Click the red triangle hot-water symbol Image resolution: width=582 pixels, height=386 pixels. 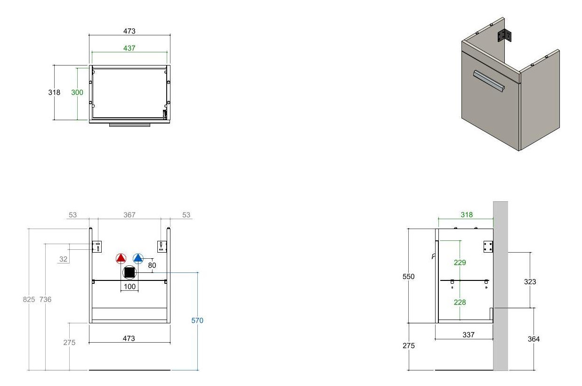pos(121,258)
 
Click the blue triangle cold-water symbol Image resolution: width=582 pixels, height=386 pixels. pos(138,258)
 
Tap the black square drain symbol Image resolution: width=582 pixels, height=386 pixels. pos(129,272)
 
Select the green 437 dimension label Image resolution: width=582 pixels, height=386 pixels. pos(129,48)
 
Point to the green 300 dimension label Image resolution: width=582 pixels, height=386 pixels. pos(77,92)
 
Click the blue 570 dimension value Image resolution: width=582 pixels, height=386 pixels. pos(197,320)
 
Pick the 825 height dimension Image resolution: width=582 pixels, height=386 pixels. pos(29,299)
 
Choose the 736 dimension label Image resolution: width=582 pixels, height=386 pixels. pos(46,299)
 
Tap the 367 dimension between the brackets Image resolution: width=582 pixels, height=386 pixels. pos(129,215)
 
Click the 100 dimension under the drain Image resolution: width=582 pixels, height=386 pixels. pos(129,287)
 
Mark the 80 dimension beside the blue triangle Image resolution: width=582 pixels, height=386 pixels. pos(152,265)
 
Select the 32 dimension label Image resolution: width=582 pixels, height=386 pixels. pos(64,259)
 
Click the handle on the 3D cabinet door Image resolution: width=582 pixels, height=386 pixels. pos(489,81)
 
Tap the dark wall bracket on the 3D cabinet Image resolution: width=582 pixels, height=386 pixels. pos(504,35)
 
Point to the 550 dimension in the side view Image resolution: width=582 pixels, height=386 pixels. pos(408,277)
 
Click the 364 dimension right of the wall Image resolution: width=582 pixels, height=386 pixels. pos(533,339)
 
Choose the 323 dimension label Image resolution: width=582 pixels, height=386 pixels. pos(530,282)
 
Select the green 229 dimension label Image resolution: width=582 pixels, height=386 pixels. pos(460,263)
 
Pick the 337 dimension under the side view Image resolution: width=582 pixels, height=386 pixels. pos(469,335)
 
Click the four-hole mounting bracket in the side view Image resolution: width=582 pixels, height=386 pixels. pos(488,246)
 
